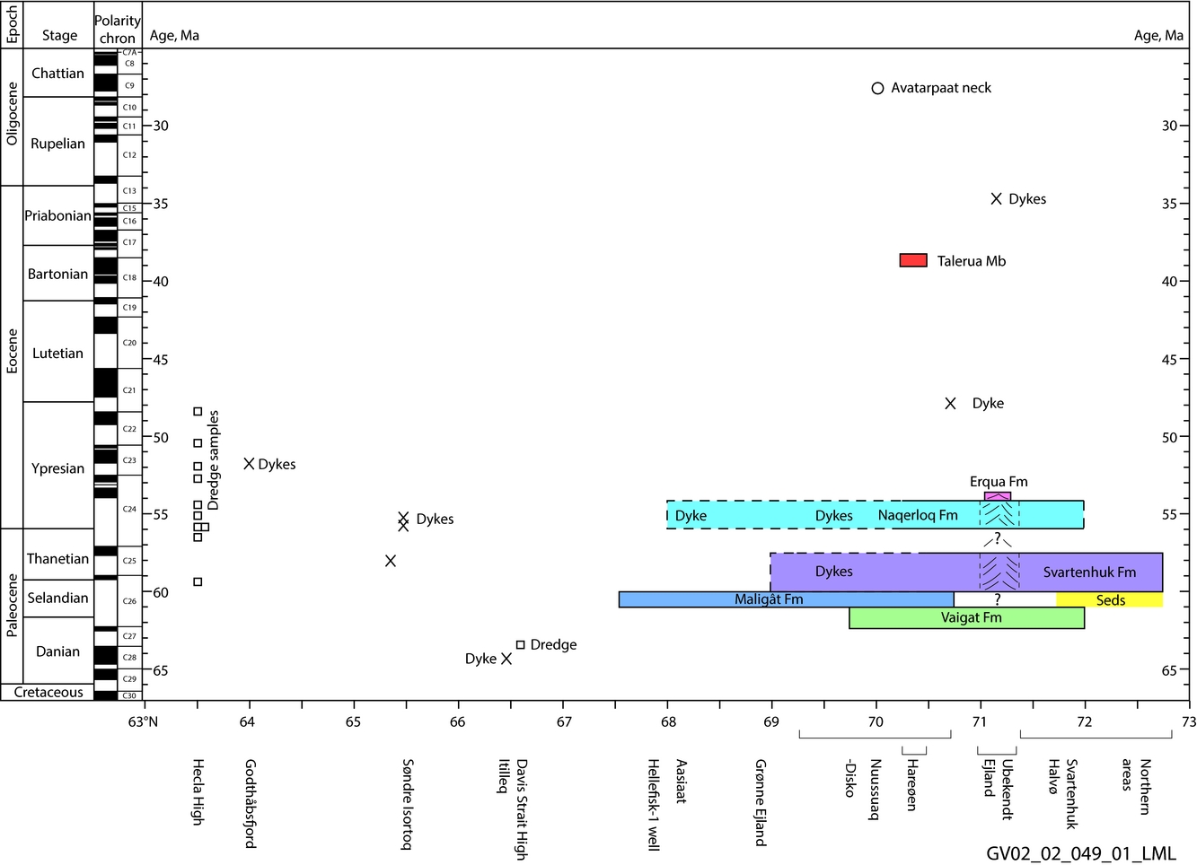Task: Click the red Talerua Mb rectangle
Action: [x=913, y=260]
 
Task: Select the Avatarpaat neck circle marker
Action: [x=877, y=88]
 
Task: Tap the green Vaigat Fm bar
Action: [x=966, y=618]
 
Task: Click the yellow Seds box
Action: [x=1110, y=600]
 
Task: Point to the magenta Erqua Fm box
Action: [x=997, y=496]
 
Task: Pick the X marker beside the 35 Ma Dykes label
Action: [x=996, y=199]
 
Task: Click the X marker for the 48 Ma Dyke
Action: [x=950, y=404]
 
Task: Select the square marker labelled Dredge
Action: [x=520, y=644]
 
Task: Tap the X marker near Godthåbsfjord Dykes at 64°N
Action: [x=249, y=464]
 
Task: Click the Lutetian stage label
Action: [x=57, y=354]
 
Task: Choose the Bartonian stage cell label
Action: [x=57, y=275]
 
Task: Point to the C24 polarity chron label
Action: [x=129, y=509]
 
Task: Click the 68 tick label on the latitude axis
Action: [x=667, y=722]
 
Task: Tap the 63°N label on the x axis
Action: [x=143, y=722]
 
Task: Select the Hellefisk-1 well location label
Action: [x=653, y=804]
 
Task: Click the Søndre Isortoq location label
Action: [x=408, y=804]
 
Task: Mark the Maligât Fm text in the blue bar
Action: [x=769, y=599]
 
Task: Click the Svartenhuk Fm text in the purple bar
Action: [x=1089, y=572]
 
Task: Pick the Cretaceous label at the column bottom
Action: [x=48, y=693]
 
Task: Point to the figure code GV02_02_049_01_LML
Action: [x=1080, y=853]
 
